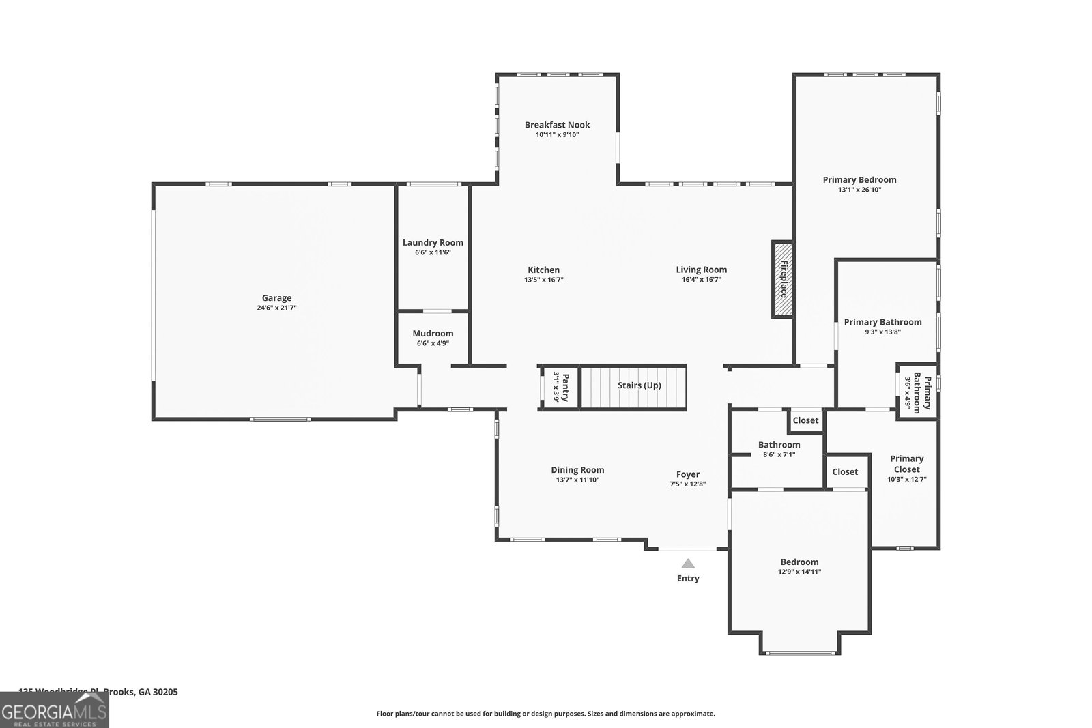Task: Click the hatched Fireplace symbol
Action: pos(783,279)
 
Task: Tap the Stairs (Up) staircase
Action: pos(633,385)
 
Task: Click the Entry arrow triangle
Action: pos(688,564)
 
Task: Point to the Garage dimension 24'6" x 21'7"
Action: pos(276,308)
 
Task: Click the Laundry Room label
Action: pos(433,242)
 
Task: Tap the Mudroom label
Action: pos(433,333)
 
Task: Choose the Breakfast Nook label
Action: pos(557,125)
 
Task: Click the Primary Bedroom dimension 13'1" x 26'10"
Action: pos(859,190)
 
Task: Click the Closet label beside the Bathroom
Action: pos(805,420)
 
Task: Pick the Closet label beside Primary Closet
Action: pos(845,471)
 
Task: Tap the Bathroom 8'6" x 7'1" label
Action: pos(779,445)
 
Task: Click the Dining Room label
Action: pos(577,469)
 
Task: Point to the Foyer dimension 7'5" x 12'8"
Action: pos(687,484)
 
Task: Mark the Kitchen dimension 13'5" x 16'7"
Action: pos(543,280)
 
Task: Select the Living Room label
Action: pos(701,270)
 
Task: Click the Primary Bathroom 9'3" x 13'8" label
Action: pos(882,322)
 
